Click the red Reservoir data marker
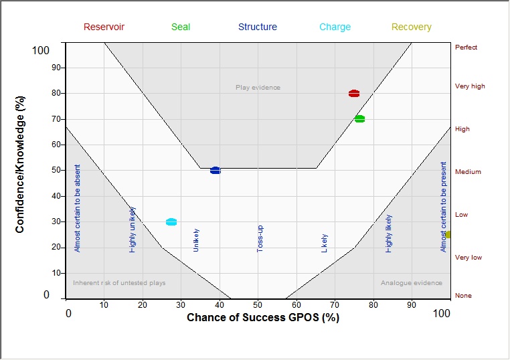(354, 94)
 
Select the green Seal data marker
(359, 119)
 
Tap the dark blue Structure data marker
(215, 171)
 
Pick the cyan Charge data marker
(171, 222)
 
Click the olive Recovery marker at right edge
(448, 235)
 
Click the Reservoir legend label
(104, 27)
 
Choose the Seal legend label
(181, 27)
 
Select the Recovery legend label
(411, 27)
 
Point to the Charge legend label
(335, 27)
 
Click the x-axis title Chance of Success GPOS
(262, 317)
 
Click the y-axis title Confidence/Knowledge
(20, 173)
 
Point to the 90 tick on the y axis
(57, 68)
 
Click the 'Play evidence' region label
(258, 88)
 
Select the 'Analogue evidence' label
(411, 283)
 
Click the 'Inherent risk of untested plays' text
(119, 283)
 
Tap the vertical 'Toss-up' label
(260, 238)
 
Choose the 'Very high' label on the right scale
(470, 86)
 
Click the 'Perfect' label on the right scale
(466, 48)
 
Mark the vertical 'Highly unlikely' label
(133, 230)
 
